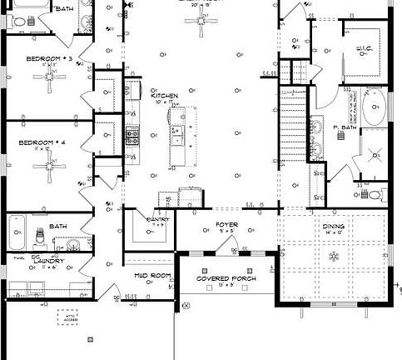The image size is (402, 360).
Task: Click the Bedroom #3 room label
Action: (50, 59)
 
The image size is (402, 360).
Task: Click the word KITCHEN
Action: (164, 96)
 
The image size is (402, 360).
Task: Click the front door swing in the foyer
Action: (236, 245)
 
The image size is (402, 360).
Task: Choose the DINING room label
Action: (333, 226)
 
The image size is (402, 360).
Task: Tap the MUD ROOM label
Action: (152, 275)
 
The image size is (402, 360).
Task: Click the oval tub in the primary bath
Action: (373, 108)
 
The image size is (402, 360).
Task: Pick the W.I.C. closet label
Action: (362, 48)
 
